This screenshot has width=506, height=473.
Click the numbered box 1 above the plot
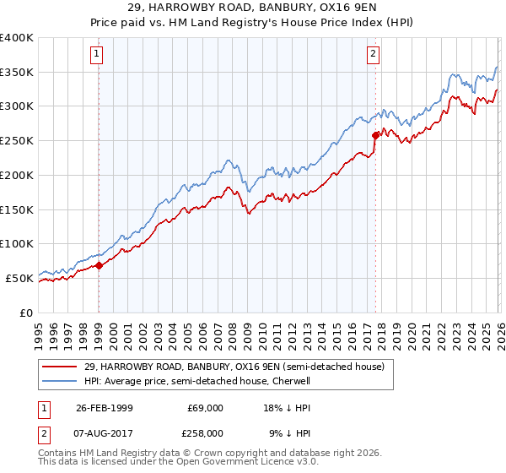pos(98,55)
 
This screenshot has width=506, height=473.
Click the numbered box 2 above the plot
pos(373,55)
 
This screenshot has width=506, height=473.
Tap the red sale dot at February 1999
pos(99,265)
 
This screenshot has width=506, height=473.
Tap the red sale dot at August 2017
pos(375,135)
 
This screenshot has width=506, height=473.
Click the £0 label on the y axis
pos(26,313)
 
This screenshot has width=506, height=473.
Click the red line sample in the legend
pos(60,367)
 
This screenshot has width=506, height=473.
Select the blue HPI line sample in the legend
pos(60,381)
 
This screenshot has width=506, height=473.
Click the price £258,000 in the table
pos(205,432)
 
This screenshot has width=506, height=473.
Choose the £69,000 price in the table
pos(205,407)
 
